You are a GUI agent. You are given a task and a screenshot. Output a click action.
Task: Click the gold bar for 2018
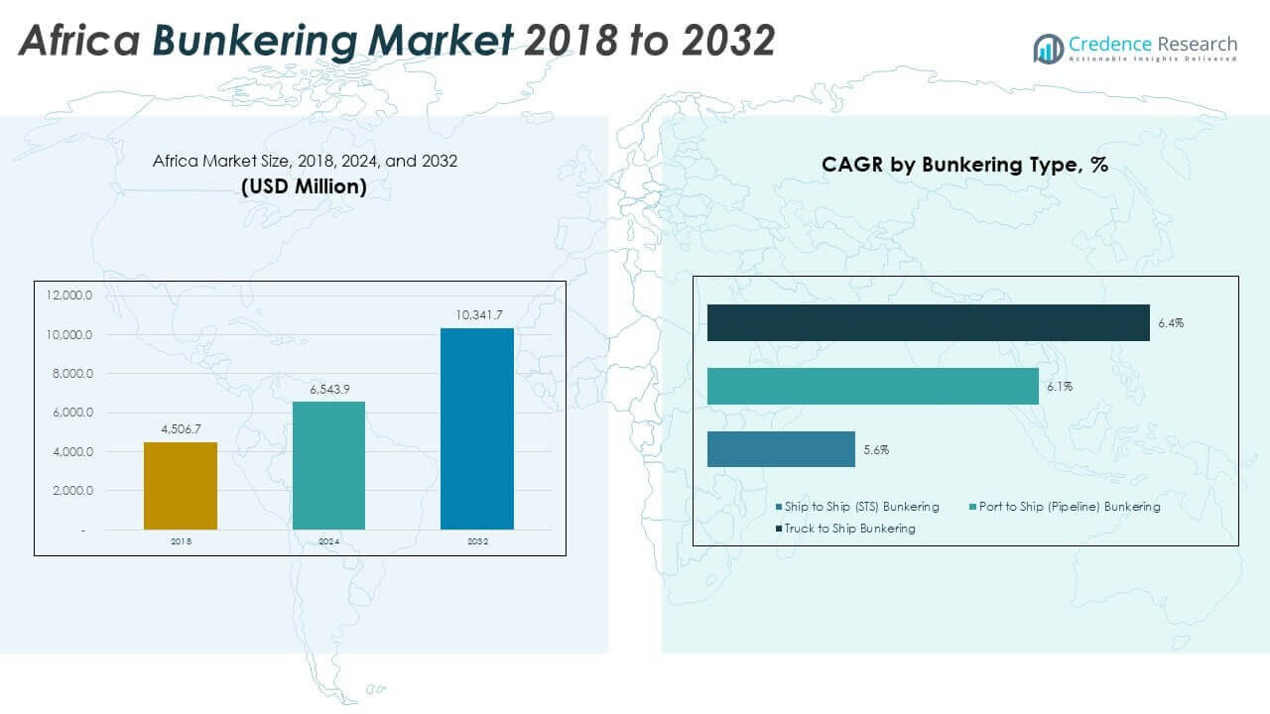[x=180, y=486]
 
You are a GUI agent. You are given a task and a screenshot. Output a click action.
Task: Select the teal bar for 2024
[x=328, y=465]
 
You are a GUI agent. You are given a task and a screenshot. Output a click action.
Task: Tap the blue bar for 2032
[x=477, y=428]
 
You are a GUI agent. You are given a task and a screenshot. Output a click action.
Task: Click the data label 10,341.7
[x=477, y=315]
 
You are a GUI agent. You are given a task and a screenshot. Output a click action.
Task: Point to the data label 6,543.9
[x=328, y=390]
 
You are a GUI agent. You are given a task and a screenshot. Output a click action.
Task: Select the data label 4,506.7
[x=181, y=429]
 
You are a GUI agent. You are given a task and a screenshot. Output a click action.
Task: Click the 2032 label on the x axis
[x=477, y=541]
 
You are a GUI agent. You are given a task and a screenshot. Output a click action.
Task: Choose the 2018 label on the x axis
[x=181, y=541]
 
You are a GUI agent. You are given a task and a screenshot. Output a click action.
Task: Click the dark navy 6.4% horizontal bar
[x=928, y=323]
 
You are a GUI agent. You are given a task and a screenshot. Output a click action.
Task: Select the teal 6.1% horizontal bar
[x=872, y=386]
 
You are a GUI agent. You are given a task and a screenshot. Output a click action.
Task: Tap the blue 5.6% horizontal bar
[x=781, y=449]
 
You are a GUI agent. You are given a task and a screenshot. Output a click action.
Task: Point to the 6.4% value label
[x=1170, y=323]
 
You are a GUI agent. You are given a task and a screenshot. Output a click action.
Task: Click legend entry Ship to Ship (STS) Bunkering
[x=860, y=507]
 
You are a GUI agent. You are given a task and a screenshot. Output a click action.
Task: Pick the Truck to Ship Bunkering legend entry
[x=849, y=529]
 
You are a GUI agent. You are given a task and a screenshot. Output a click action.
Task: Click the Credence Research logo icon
[x=1048, y=48]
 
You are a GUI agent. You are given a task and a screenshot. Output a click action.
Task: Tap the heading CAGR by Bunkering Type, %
[x=964, y=166]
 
